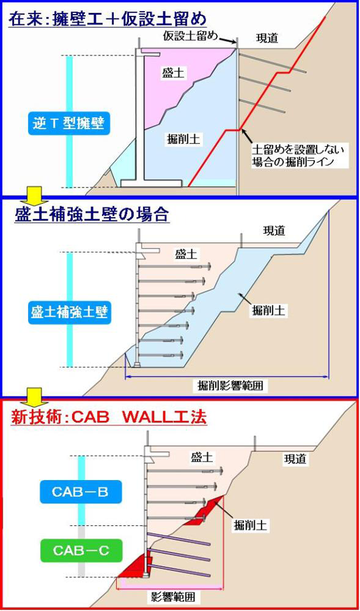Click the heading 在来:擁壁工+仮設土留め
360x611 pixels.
108,18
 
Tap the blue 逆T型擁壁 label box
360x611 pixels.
69,124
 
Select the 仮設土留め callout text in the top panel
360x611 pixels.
190,37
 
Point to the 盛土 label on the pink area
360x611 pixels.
173,73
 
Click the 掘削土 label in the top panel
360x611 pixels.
183,139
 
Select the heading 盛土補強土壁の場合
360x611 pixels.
92,214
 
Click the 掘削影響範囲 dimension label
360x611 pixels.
230,385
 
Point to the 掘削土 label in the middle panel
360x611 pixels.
268,310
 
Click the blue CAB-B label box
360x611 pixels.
80,492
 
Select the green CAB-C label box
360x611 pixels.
81,550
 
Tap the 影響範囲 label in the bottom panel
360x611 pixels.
173,596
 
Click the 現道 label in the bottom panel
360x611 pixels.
295,459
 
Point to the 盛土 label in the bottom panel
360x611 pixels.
202,457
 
